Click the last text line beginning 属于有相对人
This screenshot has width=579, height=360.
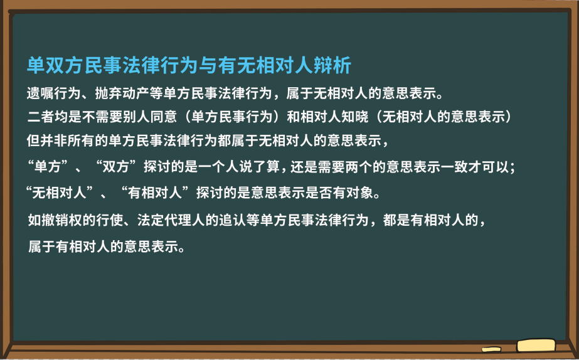106,246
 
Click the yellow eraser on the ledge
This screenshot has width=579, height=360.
536,345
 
